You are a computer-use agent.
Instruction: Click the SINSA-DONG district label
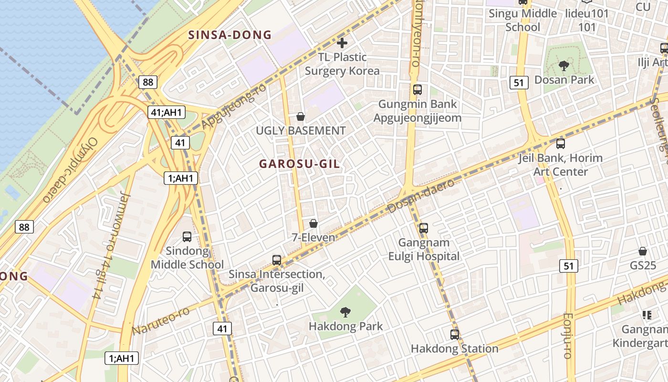pos(230,35)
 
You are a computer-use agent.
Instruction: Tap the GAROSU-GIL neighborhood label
pos(300,164)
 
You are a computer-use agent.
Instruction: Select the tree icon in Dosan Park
pos(564,65)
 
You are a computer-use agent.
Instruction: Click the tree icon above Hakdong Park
pos(345,313)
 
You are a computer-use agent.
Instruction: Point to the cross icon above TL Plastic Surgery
pos(342,43)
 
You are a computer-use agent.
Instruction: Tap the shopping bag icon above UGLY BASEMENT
pos(301,117)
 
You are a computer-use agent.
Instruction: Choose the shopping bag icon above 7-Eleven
pos(313,223)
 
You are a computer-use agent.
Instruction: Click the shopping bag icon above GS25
pos(643,251)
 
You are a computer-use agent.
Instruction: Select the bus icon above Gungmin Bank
pos(417,89)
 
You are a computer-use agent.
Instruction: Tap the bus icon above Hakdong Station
pos(455,335)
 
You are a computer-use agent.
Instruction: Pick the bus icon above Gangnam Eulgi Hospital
pos(423,228)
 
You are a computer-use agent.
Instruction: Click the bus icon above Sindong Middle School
pos(187,236)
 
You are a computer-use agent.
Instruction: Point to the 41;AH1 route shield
pos(166,113)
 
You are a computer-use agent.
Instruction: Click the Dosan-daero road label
pos(421,196)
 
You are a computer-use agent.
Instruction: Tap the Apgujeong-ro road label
pos(234,106)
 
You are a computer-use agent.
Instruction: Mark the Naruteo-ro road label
pos(161,320)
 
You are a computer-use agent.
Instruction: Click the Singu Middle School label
pos(522,20)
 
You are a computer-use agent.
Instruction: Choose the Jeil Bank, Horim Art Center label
pos(561,165)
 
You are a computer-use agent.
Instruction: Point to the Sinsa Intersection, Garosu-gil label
pos(277,281)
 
